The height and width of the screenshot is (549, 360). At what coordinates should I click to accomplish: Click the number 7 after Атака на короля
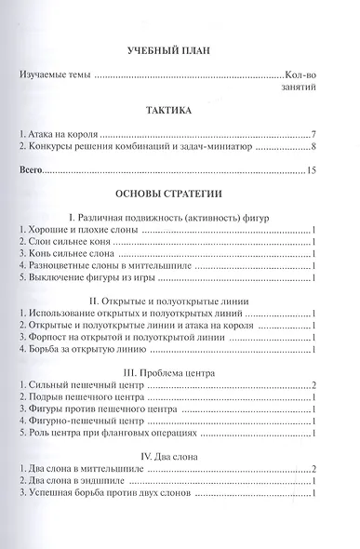coord(316,135)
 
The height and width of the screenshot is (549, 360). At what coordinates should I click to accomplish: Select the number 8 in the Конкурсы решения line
coord(316,148)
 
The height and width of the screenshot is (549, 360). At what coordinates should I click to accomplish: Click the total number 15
coord(313,171)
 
